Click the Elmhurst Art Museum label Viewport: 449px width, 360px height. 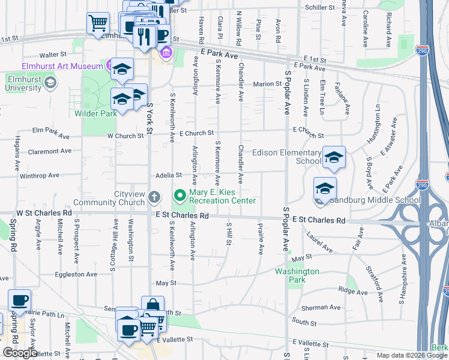pyautogui.click(x=53, y=65)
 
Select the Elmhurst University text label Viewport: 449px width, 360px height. pyautogui.click(x=23, y=83)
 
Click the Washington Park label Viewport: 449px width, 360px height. pyautogui.click(x=297, y=272)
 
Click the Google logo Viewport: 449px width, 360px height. pyautogui.click(x=20, y=353)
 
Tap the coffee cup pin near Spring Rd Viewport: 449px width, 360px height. pyautogui.click(x=19, y=299)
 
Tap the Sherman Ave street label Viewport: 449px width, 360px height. pyautogui.click(x=321, y=308)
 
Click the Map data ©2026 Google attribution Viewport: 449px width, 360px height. pyautogui.click(x=412, y=355)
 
